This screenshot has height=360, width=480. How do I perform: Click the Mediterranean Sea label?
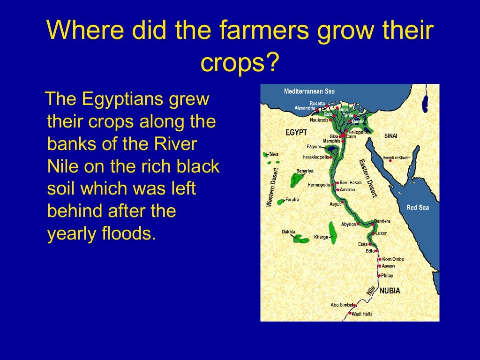pos(309,91)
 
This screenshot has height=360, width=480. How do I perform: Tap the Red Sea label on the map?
pos(417,207)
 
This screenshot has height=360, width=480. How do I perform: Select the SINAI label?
pos(391,135)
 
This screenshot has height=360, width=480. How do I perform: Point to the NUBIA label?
pos(390,291)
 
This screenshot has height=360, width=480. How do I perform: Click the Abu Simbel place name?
pos(341,305)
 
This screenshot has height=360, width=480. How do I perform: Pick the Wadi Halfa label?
pos(362,314)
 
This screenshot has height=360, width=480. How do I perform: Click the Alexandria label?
pos(305,108)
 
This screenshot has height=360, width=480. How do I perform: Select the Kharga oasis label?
pos(321,237)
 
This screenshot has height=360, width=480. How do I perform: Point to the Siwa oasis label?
pos(274,154)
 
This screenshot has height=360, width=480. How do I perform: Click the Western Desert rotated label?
pos(272,187)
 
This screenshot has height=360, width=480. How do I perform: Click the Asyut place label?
pos(335,204)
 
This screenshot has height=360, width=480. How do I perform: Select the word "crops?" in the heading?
pos(240,63)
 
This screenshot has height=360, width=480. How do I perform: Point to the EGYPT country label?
pos(296,132)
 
